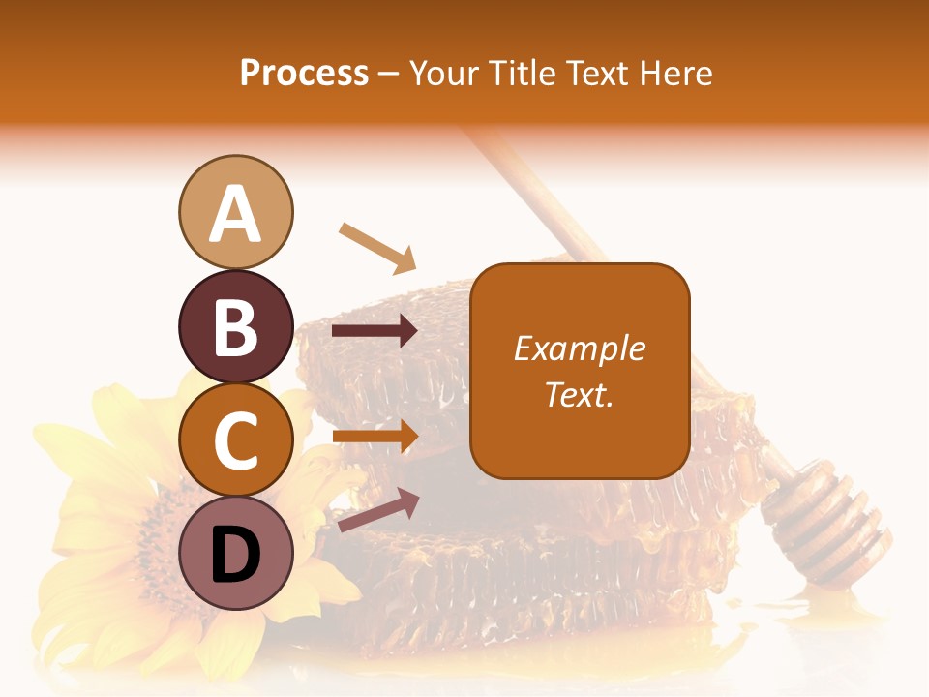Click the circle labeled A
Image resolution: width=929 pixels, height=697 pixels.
(235, 212)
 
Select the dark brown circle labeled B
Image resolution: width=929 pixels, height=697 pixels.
(235, 326)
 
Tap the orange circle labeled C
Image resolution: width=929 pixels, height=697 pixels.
(235, 440)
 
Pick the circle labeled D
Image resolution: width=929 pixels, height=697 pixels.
(235, 554)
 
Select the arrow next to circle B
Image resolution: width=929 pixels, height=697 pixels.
(375, 331)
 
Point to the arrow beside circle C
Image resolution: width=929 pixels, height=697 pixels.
(375, 436)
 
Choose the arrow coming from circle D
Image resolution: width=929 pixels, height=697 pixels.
(378, 510)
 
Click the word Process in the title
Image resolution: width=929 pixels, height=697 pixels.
(304, 73)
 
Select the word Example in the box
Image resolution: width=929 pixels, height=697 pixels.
(580, 348)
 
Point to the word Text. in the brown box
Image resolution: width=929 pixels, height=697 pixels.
(580, 394)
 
